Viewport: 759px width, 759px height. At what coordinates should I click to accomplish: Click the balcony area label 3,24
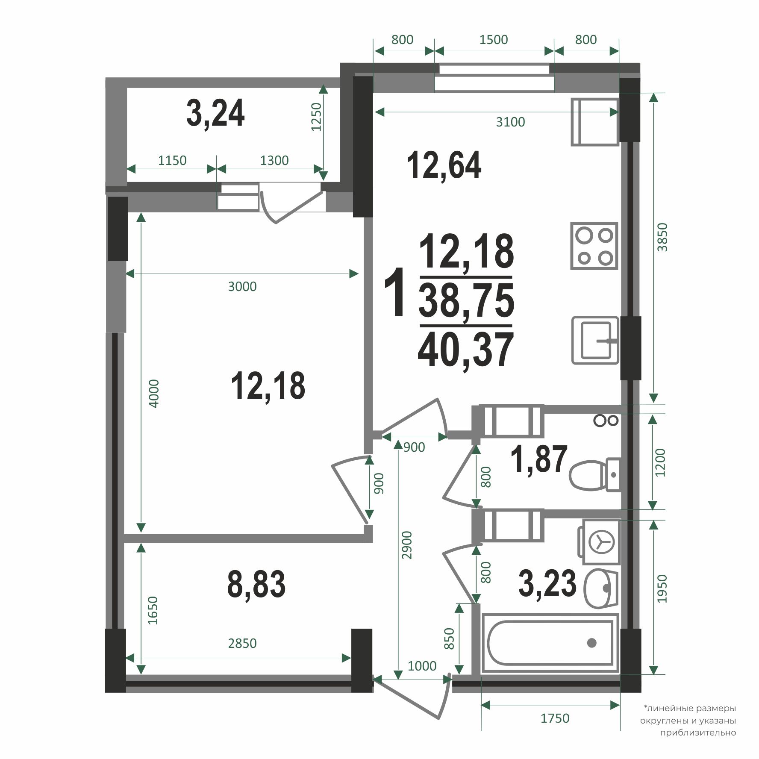[x=215, y=114]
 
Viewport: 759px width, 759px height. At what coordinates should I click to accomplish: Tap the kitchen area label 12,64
[x=444, y=165]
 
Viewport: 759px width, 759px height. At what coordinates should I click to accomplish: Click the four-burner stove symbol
[x=594, y=246]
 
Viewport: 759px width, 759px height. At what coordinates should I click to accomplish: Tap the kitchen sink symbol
[x=595, y=340]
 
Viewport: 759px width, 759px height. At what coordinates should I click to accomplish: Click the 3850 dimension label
[x=662, y=237]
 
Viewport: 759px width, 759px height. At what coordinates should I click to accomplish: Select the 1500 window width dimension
[x=494, y=40]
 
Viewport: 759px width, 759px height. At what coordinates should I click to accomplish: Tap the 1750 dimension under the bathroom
[x=555, y=718]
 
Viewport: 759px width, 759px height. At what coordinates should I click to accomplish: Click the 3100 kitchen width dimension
[x=510, y=122]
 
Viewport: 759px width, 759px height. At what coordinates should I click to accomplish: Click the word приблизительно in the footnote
[x=698, y=733]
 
